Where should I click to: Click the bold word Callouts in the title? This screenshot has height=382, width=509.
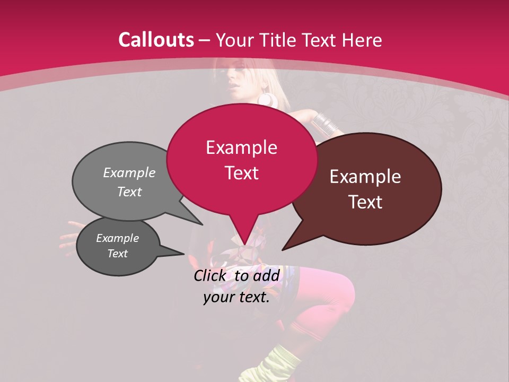click(156, 40)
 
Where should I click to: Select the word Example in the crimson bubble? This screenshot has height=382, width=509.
click(241, 147)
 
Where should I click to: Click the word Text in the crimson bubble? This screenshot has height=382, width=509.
click(242, 173)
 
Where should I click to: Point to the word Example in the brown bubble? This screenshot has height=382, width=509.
click(365, 177)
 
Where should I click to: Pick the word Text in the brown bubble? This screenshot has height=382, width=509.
click(366, 202)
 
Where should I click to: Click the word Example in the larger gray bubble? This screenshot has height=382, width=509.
click(129, 172)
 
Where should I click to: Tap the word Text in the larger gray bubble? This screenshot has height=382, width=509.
click(129, 192)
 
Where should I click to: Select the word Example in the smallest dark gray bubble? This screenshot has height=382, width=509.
click(117, 238)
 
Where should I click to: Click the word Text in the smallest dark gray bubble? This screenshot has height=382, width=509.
click(117, 254)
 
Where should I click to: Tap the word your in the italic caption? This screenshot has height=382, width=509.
click(218, 297)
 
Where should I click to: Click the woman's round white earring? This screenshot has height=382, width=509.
click(266, 99)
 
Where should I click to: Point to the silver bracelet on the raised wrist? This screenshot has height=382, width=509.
click(324, 123)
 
